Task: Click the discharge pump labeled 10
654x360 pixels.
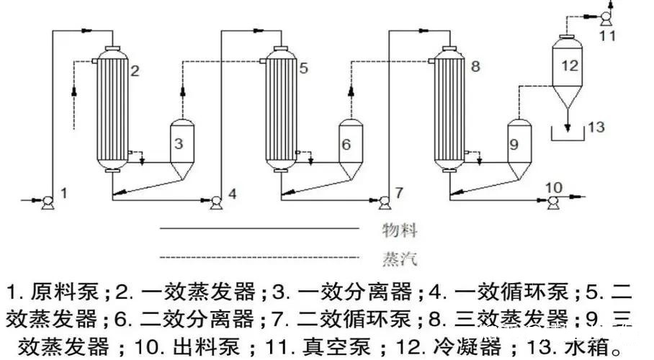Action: pyautogui.click(x=553, y=204)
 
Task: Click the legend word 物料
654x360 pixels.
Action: pyautogui.click(x=400, y=231)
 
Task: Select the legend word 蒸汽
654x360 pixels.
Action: pyautogui.click(x=400, y=257)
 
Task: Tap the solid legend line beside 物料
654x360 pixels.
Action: pyautogui.click(x=259, y=229)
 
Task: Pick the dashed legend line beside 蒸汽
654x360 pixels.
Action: pyautogui.click(x=259, y=256)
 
